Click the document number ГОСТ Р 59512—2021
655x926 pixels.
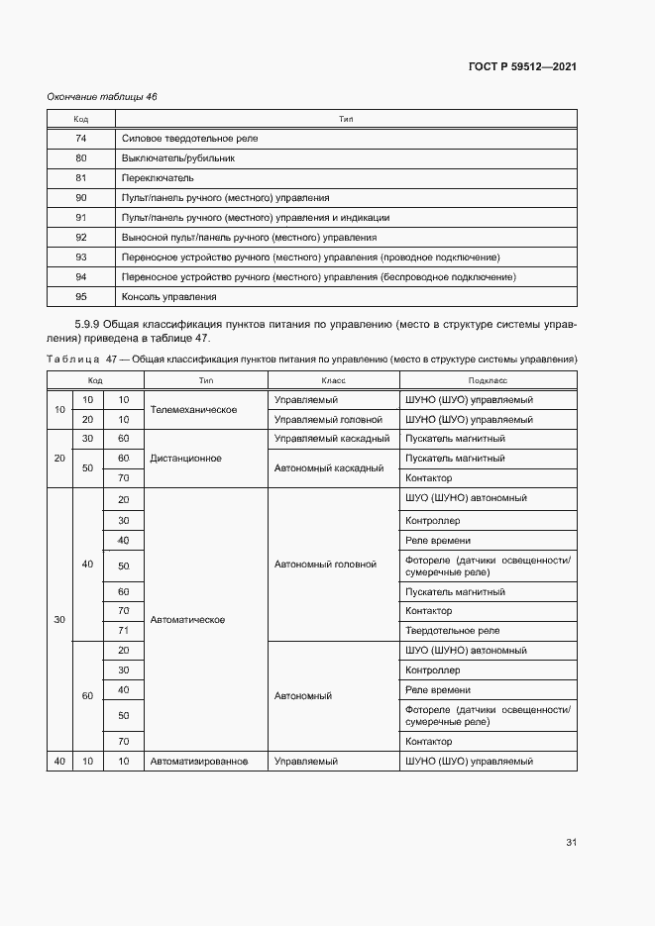522,66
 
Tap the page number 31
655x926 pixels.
571,843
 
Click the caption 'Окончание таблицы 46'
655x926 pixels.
102,96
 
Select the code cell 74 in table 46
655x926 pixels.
81,139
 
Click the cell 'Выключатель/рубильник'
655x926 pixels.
178,158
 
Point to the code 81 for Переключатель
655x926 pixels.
81,178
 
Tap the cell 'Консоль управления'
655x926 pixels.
168,297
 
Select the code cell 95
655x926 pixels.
81,297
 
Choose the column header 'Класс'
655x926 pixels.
333,380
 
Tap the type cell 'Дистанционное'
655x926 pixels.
185,459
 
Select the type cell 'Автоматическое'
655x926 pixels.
187,620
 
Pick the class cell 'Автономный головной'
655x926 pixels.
325,565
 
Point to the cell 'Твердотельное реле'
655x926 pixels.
452,631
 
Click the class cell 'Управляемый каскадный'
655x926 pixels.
331,439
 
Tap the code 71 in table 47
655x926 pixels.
124,631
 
